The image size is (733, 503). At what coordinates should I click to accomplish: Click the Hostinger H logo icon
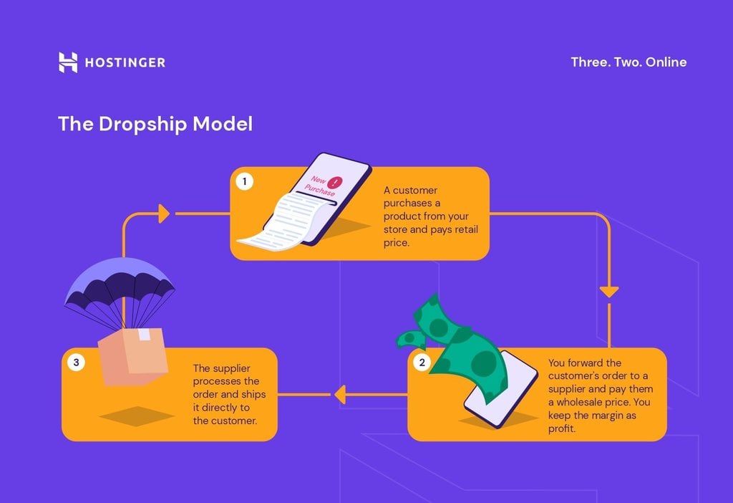coord(67,62)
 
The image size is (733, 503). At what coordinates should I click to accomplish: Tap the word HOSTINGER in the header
coord(125,62)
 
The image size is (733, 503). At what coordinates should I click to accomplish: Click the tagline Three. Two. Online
coord(628,62)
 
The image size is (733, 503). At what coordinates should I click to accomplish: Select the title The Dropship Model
coord(155,123)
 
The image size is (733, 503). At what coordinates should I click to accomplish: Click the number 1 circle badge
coord(244,181)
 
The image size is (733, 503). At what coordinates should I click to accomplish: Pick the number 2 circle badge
coord(422,362)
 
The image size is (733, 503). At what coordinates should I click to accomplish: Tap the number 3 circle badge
coord(76,362)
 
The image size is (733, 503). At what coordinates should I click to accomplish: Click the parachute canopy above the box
coord(119,281)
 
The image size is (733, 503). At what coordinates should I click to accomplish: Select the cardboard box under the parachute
coord(132,355)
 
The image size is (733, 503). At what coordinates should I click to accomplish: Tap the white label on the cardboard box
coord(144,335)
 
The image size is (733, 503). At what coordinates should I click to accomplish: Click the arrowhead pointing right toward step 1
coord(164,213)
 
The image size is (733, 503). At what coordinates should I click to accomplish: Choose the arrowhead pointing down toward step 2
coord(608,292)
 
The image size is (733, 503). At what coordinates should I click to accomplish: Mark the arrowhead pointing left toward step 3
coord(340,394)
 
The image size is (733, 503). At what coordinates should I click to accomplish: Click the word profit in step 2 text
coord(563,429)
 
